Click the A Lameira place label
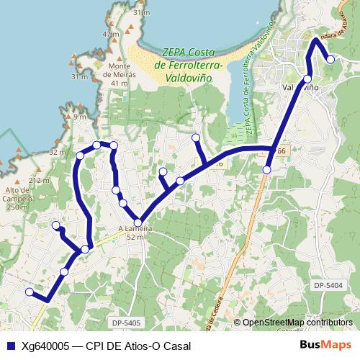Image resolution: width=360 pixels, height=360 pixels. point(135,230)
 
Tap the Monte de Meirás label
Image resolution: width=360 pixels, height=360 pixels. point(119,68)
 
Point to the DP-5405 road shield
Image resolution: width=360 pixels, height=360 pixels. point(126,323)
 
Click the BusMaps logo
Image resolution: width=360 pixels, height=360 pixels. point(325,345)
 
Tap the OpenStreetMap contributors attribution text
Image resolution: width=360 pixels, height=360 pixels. point(297,323)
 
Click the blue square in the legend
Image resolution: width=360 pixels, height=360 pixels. point(11,346)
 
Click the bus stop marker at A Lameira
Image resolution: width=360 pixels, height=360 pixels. point(138,222)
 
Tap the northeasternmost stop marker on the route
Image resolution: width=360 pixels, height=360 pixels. point(330,60)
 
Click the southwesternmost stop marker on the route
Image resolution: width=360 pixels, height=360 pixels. point(30,292)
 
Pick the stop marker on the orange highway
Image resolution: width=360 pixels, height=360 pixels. point(267,170)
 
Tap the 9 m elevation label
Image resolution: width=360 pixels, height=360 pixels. point(79,117)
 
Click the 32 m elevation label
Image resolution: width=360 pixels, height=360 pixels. point(57,153)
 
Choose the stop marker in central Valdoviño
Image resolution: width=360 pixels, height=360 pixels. point(307,78)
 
